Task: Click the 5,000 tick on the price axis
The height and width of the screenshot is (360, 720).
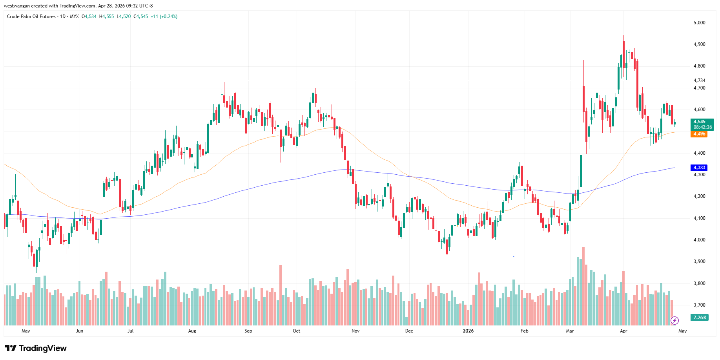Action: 699,23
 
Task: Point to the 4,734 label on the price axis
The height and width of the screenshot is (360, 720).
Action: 699,80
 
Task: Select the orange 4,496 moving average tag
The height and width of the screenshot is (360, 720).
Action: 699,134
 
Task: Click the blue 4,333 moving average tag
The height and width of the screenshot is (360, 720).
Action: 699,168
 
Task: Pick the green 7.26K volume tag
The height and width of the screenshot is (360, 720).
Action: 700,317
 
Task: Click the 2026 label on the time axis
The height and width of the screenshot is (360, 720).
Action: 468,331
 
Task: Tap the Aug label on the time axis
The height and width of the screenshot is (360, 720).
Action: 192,331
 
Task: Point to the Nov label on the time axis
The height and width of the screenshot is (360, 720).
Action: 355,331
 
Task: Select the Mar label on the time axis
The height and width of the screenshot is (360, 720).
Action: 570,331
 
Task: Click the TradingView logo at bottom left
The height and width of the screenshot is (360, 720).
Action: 36,348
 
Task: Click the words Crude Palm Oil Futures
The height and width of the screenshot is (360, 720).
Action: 31,16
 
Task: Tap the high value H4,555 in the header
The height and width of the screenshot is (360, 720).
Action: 106,16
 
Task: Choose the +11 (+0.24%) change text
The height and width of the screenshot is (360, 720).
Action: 164,16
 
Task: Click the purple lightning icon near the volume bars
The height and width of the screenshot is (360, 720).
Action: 674,321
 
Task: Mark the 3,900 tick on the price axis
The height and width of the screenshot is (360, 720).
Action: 699,261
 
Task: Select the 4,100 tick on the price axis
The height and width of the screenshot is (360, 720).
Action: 699,218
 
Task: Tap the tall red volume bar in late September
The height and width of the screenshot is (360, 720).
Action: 281,294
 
